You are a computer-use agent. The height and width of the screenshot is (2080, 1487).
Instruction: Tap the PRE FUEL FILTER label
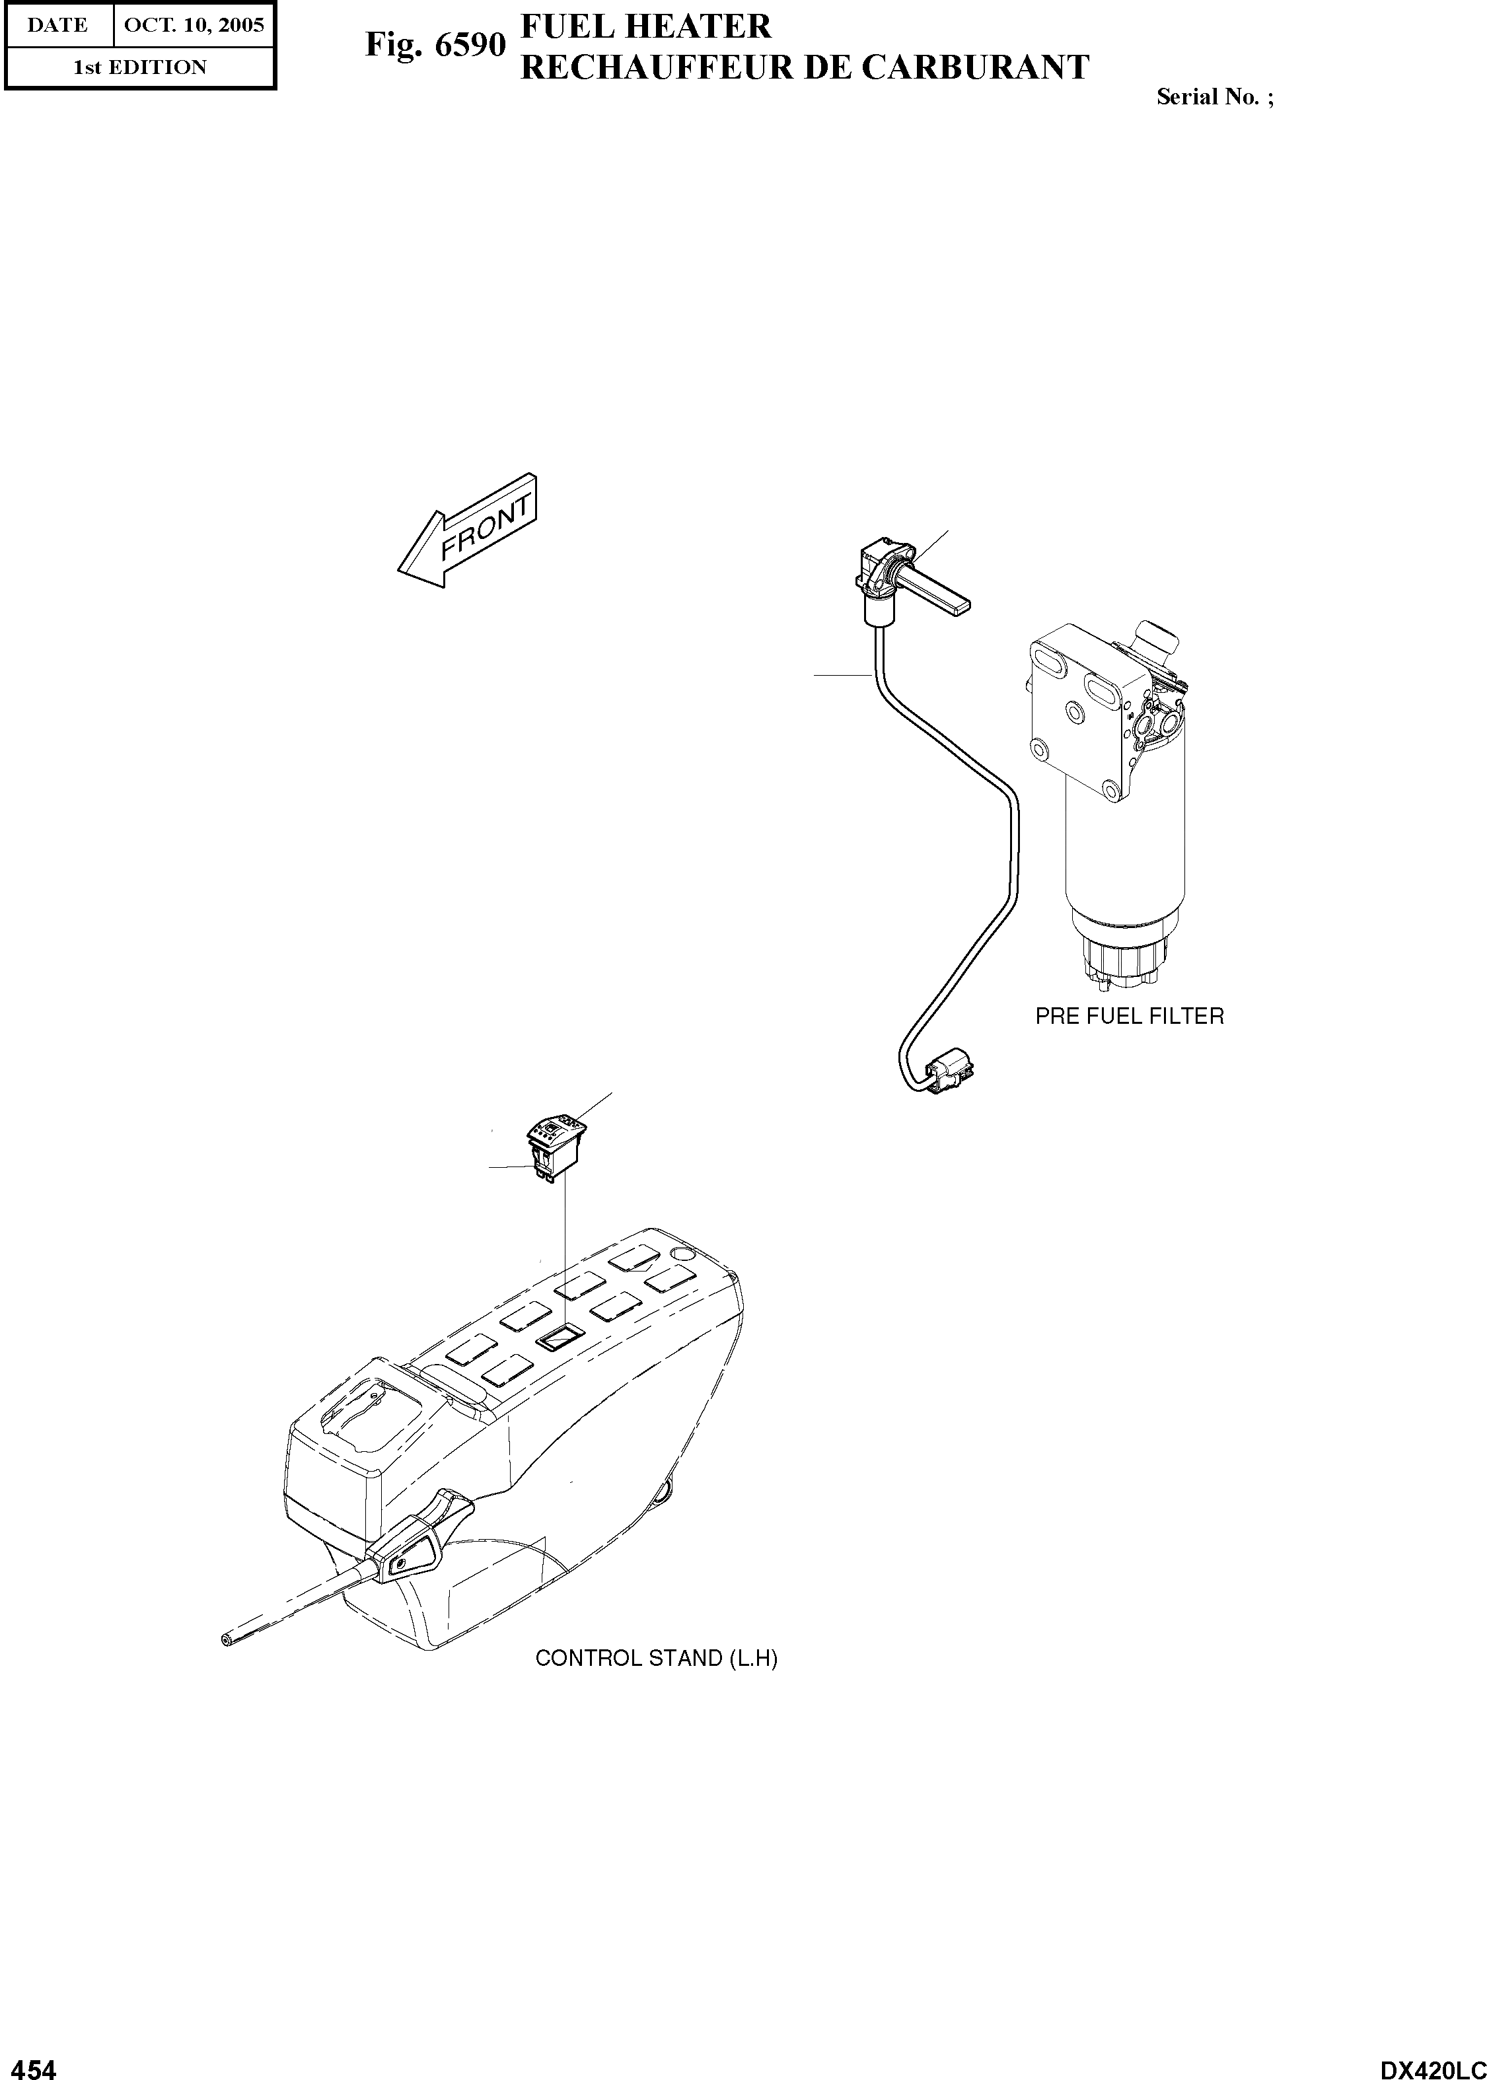[x=1129, y=1015]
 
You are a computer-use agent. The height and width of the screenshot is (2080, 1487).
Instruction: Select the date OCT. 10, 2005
[x=193, y=24]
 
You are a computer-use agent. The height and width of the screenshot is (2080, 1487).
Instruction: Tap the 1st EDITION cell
[x=139, y=67]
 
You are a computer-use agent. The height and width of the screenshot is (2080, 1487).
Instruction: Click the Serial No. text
[x=1214, y=97]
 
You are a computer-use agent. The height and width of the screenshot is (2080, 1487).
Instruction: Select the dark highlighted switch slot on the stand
[x=560, y=1340]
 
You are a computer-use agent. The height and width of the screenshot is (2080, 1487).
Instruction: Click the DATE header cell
[x=57, y=24]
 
